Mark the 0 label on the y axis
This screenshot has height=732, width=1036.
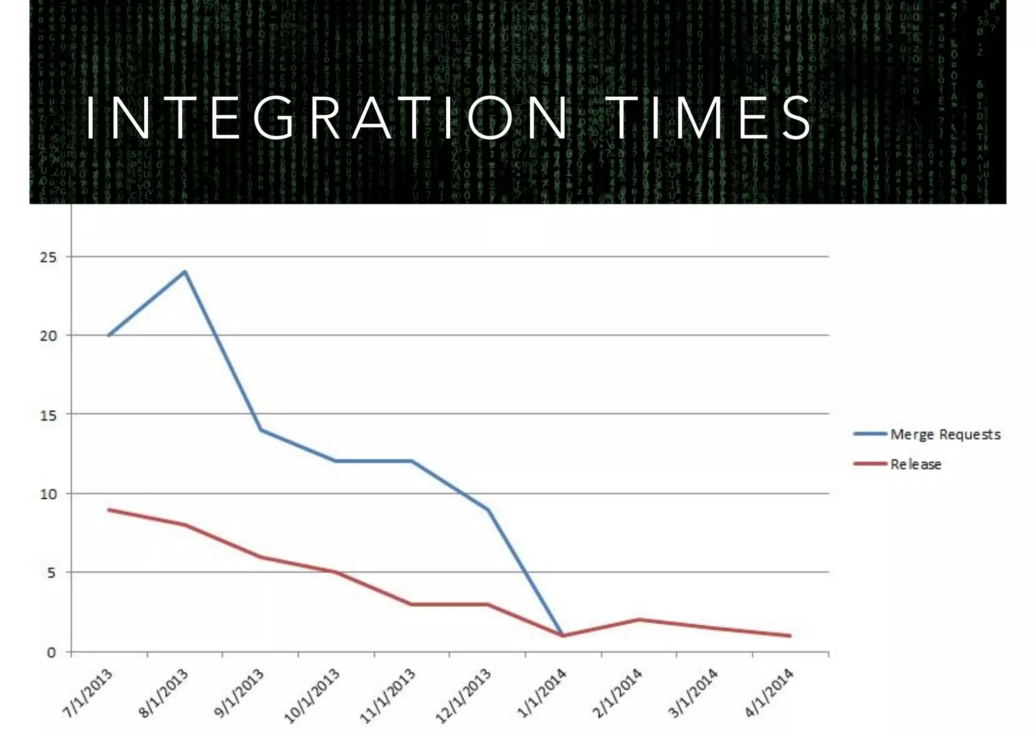pyautogui.click(x=51, y=653)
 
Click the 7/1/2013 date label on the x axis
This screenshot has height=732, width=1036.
pyautogui.click(x=88, y=693)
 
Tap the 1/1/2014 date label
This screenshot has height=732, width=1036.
pyautogui.click(x=542, y=693)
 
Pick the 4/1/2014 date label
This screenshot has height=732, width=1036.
pyautogui.click(x=769, y=693)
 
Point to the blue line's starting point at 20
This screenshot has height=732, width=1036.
pyautogui.click(x=109, y=335)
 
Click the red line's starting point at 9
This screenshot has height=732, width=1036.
pyautogui.click(x=109, y=509)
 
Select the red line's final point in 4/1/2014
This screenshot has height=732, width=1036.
pyautogui.click(x=790, y=636)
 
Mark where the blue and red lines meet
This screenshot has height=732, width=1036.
pyautogui.click(x=563, y=636)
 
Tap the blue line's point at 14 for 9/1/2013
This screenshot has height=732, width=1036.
pyautogui.click(x=261, y=430)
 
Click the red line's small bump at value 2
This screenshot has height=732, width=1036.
pyautogui.click(x=639, y=620)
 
